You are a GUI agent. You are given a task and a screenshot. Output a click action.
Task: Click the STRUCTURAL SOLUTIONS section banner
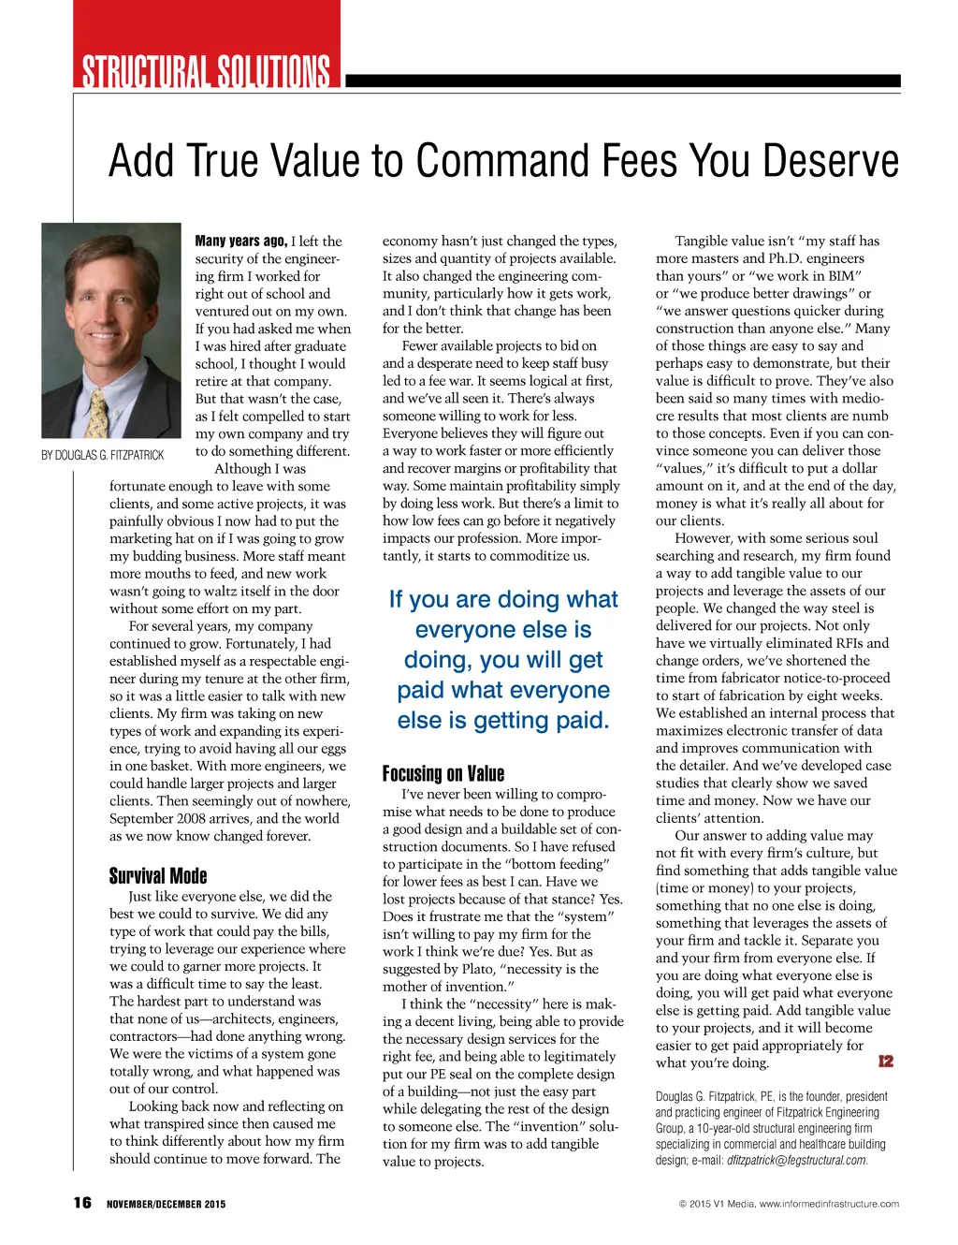206,71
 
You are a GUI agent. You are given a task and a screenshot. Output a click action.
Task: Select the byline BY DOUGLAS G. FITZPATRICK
103,455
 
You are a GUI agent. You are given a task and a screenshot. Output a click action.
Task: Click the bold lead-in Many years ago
240,241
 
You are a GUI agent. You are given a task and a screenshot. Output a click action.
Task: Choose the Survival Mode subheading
158,876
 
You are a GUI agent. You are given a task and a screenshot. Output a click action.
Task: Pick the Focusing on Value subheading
443,773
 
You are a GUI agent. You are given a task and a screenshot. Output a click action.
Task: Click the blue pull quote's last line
503,721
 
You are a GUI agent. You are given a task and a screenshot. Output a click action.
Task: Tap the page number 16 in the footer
82,1203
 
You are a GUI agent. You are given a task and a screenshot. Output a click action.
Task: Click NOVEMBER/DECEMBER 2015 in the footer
166,1204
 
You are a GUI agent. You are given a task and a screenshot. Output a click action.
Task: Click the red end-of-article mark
885,1061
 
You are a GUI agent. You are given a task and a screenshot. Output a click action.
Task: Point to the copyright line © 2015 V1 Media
789,1204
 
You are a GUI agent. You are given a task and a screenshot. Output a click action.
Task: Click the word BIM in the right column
841,275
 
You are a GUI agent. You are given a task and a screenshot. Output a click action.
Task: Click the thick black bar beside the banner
622,81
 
